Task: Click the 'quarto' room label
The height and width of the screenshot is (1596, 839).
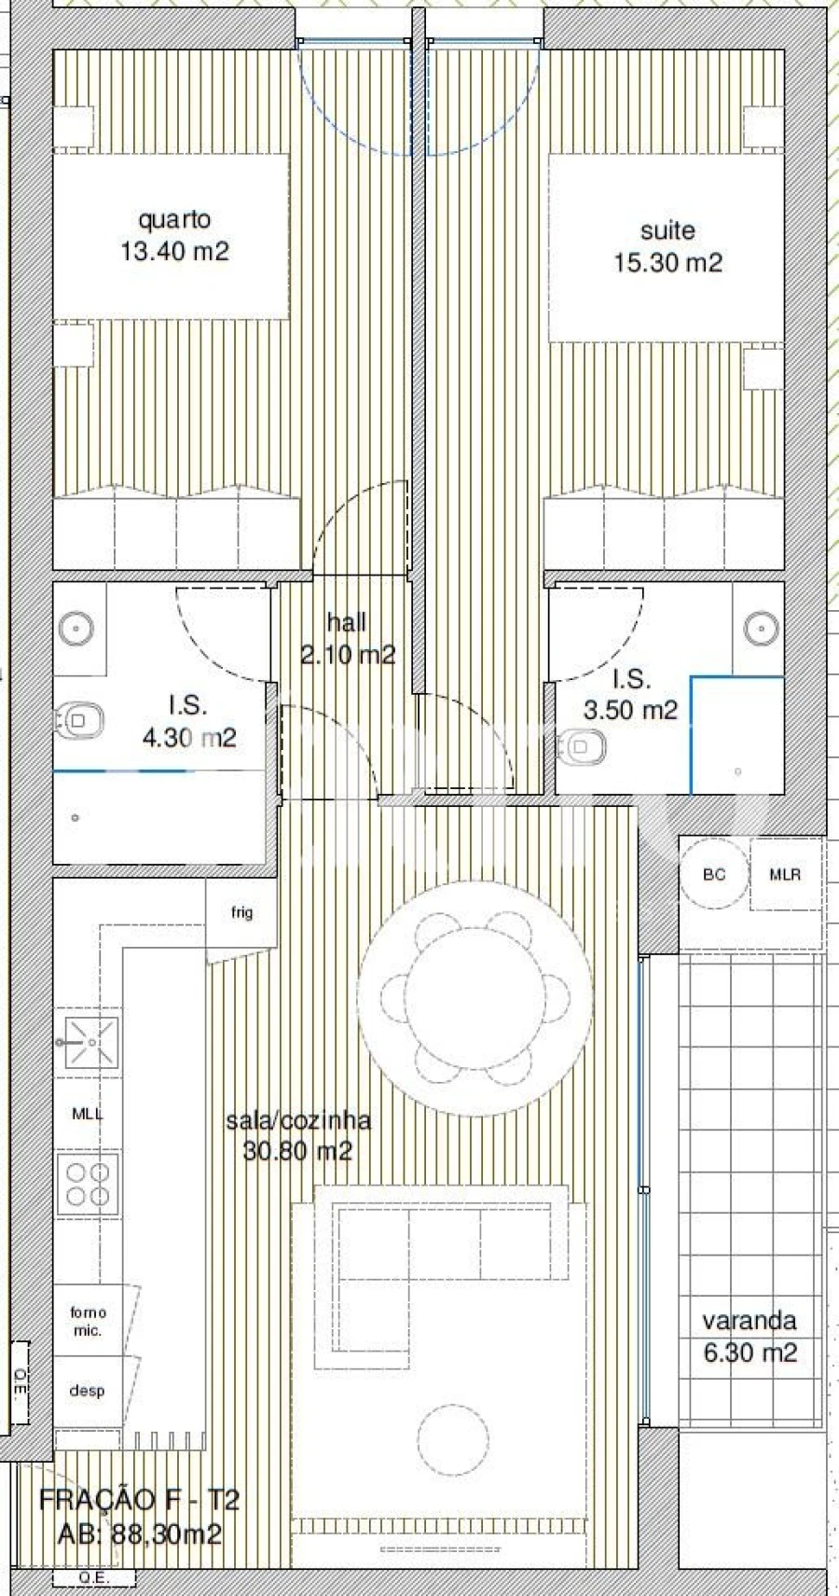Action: point(174,220)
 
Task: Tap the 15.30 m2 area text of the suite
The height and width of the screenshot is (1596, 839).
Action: point(667,263)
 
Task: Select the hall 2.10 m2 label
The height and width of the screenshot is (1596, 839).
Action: point(347,639)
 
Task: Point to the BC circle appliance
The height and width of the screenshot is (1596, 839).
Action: point(714,874)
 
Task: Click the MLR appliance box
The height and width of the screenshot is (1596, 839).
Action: point(785,874)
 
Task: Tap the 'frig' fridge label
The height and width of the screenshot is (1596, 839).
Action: point(241,912)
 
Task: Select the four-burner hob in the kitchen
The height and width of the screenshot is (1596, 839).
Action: point(88,1184)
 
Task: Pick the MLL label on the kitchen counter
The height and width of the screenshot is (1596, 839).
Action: point(88,1114)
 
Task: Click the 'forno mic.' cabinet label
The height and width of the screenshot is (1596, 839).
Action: point(88,1322)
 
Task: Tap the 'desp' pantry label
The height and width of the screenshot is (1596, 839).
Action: point(87,1391)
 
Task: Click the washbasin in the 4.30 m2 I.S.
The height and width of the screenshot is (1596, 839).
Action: point(76,629)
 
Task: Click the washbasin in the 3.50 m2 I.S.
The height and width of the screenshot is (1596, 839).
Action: point(762,628)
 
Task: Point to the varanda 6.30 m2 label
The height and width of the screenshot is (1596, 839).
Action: point(750,1336)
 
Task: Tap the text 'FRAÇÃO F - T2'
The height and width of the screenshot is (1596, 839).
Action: point(139,1500)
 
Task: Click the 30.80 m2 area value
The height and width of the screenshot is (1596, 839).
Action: point(297,1151)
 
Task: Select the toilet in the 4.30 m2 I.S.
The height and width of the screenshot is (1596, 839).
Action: point(78,721)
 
